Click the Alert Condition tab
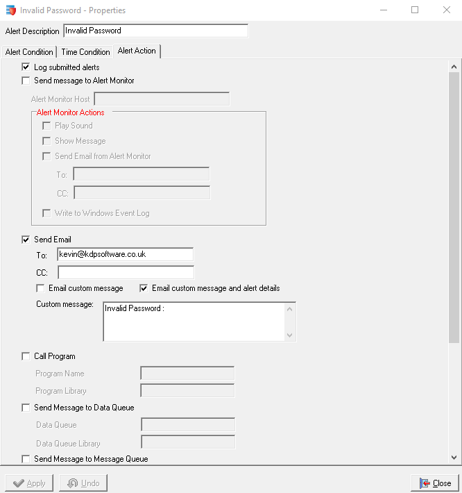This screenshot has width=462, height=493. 29,52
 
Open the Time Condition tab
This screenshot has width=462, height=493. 85,52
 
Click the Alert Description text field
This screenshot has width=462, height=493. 155,31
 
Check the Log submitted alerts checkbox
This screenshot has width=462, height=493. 26,67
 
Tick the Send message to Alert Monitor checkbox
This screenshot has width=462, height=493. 26,81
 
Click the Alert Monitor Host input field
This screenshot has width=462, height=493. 161,99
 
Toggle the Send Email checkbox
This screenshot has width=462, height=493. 26,240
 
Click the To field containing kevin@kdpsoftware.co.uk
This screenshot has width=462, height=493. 125,255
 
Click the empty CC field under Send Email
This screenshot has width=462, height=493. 126,272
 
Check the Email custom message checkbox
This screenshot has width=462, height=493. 41,288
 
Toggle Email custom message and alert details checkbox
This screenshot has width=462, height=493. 144,288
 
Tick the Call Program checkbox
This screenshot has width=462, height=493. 26,356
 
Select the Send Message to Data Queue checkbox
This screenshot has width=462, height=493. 26,408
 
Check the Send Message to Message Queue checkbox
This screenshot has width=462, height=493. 26,459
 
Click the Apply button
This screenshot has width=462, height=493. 30,483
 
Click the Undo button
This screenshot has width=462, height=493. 83,483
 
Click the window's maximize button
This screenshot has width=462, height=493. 415,10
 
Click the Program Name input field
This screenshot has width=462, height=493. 187,374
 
